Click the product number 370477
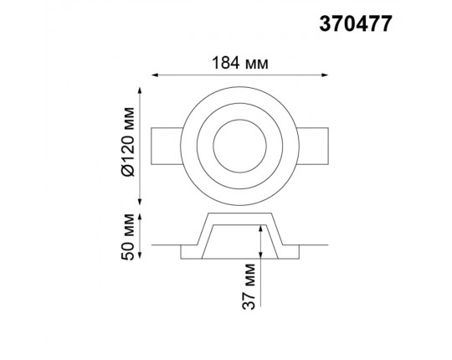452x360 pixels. pos(356,23)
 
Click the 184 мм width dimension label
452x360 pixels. pos(240,63)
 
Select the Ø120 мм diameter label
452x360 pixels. pos(128,141)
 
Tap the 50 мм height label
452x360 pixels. pos(128,237)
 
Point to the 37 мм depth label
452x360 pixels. pos(249,286)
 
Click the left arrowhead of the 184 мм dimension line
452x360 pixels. pos(155,75)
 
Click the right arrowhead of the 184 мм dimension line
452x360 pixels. pos(325,75)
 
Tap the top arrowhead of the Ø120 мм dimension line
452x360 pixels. pos(140,90)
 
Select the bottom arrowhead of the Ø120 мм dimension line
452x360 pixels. pos(140,202)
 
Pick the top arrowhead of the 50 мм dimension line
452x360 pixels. pos(140,217)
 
